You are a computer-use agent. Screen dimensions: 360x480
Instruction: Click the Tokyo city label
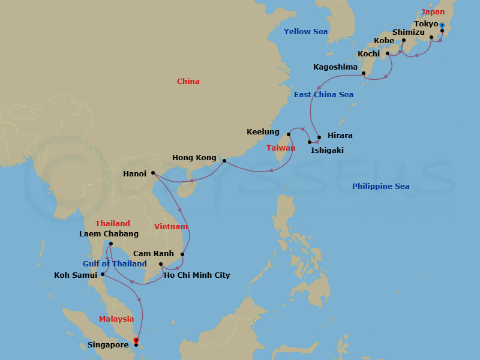tap(426, 24)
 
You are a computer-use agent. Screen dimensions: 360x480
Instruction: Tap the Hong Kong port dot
tap(224, 161)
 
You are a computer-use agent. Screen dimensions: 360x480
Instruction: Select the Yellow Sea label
tap(305, 32)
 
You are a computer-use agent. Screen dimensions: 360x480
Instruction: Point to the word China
tap(188, 82)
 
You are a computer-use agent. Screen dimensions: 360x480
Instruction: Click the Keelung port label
tap(263, 132)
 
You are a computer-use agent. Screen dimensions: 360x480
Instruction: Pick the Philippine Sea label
tap(380, 187)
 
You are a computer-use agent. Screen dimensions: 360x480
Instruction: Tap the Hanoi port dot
tap(153, 173)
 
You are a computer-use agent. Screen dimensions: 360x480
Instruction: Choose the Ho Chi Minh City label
tap(197, 275)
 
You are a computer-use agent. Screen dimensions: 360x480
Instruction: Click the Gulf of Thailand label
tap(115, 264)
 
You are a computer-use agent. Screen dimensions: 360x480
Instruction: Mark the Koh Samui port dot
tap(103, 275)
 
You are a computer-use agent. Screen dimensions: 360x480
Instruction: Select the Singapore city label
tap(107, 345)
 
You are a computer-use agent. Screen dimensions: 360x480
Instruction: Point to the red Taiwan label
tap(281, 148)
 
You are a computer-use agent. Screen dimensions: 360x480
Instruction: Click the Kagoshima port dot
tap(364, 74)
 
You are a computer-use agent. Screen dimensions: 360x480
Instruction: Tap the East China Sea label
tap(323, 95)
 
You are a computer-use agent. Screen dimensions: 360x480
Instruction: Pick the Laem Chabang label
tap(109, 234)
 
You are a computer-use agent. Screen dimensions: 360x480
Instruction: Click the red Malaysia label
tap(116, 319)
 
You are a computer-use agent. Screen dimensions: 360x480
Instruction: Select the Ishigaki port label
tap(328, 151)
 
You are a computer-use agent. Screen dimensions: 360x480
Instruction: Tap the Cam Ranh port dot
tap(182, 254)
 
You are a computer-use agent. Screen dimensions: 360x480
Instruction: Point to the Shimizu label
tap(409, 32)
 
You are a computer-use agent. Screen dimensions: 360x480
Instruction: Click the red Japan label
tap(433, 12)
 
